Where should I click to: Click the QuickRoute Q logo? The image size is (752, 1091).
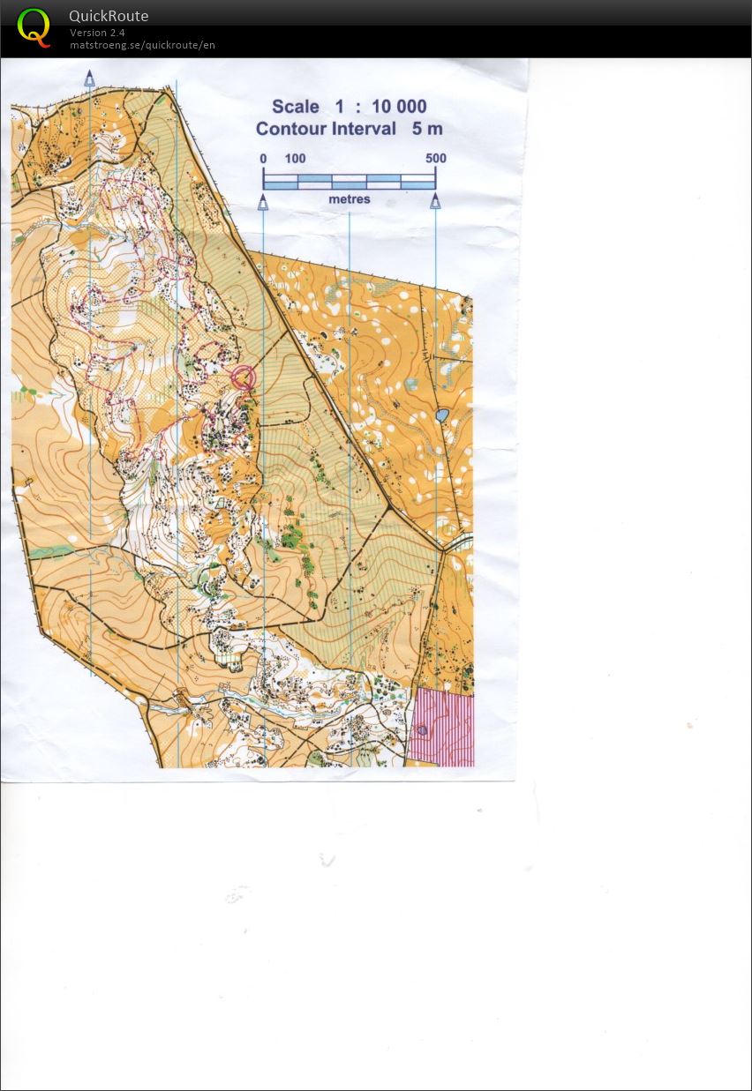point(34,26)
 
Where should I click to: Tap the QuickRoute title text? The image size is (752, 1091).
point(109,16)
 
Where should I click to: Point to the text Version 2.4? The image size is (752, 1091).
point(97,33)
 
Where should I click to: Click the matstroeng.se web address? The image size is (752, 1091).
point(142,45)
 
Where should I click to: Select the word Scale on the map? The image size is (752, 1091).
point(296,107)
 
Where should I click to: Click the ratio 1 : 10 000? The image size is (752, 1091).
point(380,107)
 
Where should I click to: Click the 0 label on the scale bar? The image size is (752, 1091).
point(263,159)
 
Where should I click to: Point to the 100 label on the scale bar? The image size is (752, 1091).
point(295,159)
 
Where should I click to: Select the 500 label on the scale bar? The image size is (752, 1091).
point(435,159)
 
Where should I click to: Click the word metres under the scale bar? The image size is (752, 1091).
point(350,200)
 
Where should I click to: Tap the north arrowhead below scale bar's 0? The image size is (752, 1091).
point(263,203)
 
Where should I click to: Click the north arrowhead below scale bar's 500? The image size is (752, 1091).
point(435,203)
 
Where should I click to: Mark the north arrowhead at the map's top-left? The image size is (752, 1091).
point(89,78)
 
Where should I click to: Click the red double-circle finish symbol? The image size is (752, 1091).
point(244,377)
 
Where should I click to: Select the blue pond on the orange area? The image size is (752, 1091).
point(442,415)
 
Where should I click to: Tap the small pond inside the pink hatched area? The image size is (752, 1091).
point(422,729)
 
